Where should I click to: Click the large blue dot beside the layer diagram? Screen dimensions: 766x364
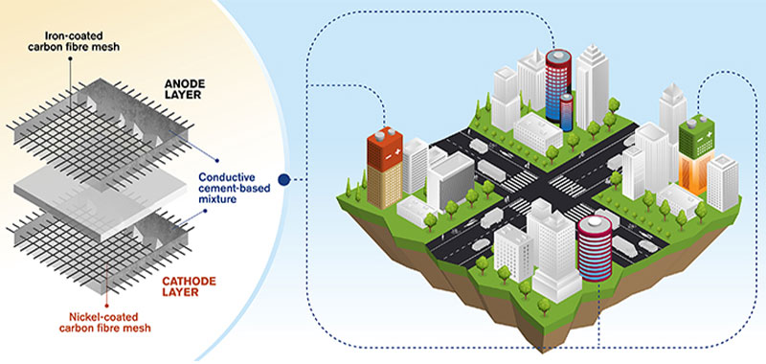pyautogui.click(x=284, y=178)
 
